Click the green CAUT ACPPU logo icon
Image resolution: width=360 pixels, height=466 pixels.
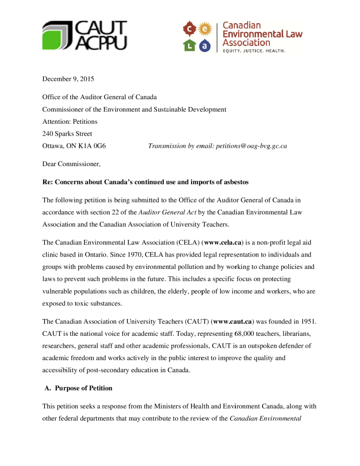click(x=58, y=35)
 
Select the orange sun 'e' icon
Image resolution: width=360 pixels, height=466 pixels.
click(x=206, y=29)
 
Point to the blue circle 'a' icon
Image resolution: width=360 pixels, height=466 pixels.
click(x=205, y=45)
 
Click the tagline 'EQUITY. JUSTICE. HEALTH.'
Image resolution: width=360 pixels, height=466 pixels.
click(x=254, y=51)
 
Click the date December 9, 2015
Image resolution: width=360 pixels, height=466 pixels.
click(x=68, y=79)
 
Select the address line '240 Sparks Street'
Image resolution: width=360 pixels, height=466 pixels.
click(x=67, y=134)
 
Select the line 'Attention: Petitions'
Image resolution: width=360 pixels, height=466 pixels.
click(x=70, y=122)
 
